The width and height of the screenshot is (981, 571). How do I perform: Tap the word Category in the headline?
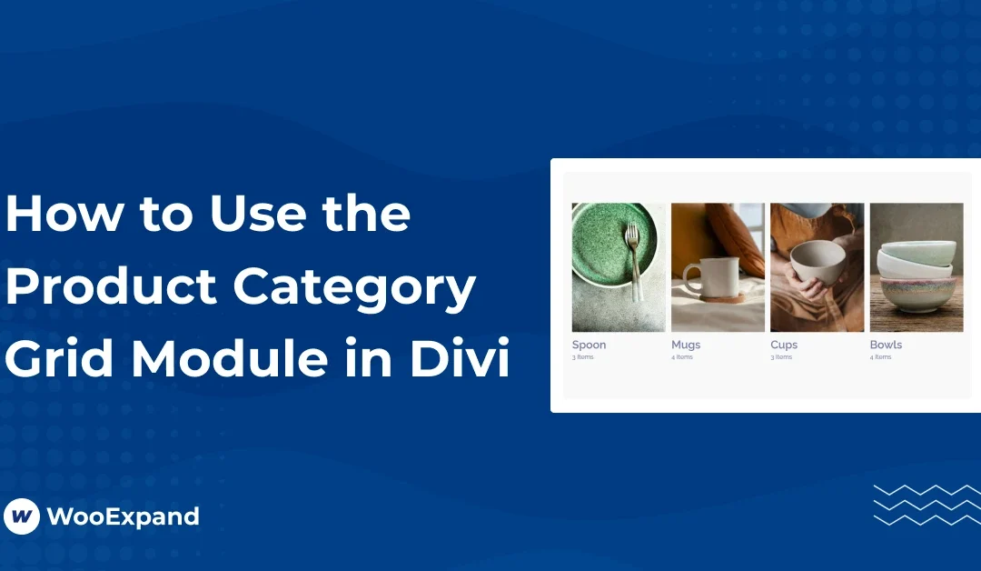coord(355,288)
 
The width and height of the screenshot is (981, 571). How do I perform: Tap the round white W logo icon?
coord(22,516)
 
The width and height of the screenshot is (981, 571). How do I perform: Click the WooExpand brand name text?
coord(123,516)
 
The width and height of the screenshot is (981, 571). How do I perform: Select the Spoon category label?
coord(589,345)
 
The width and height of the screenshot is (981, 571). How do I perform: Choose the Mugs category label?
coord(686,345)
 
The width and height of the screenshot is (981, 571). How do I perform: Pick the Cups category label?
coord(784,345)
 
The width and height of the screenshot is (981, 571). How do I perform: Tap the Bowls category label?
coord(886,345)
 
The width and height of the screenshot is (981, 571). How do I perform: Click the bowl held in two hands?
coord(810,264)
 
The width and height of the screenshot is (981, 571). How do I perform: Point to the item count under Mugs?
coord(682,357)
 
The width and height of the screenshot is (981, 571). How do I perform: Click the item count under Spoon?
coord(582,357)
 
